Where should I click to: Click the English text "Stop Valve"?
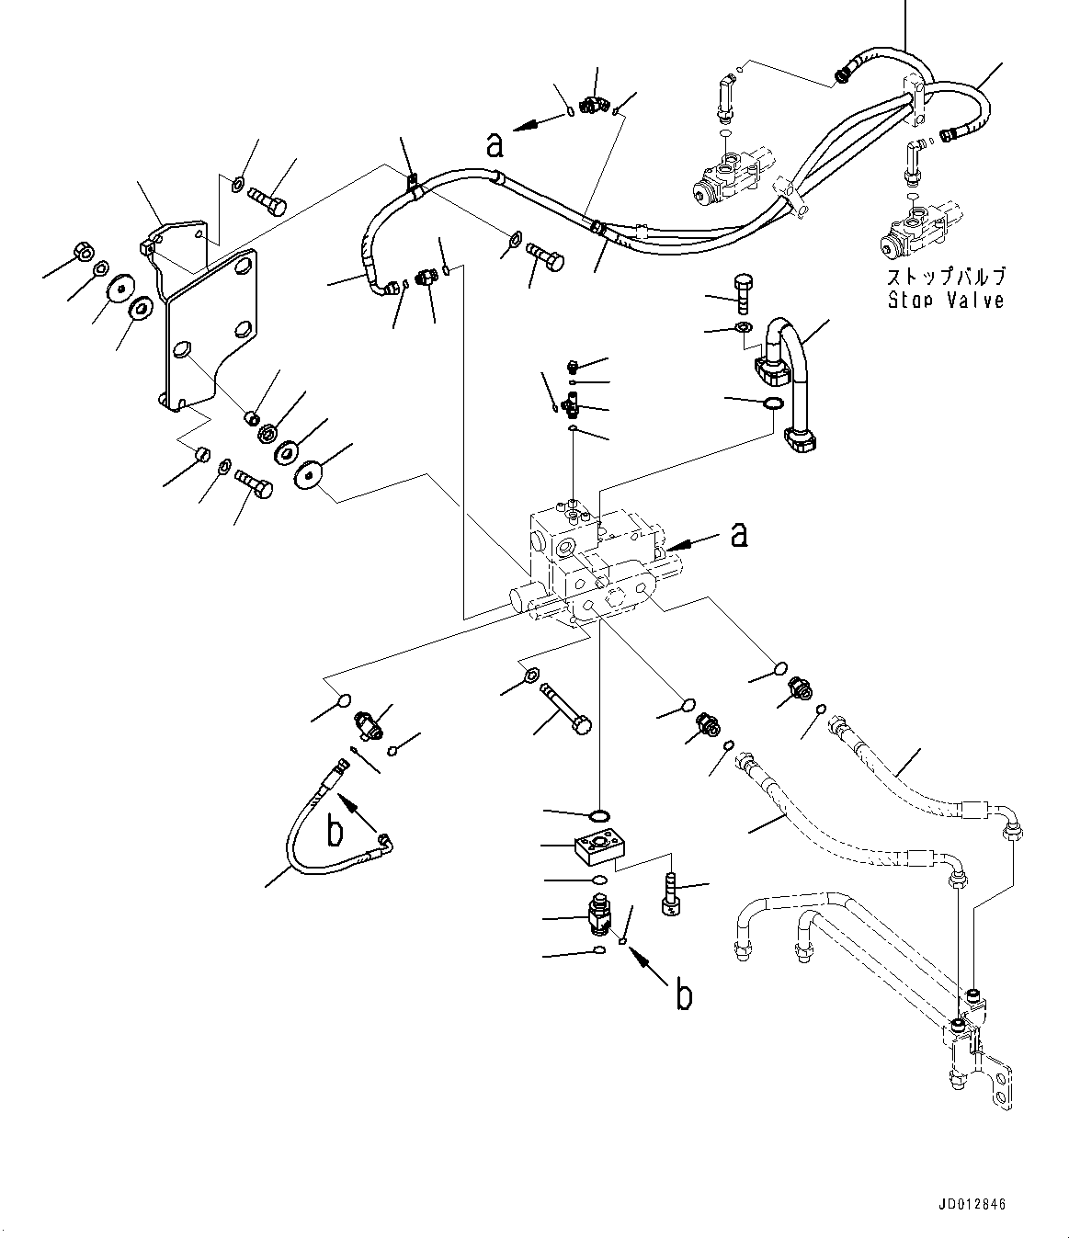click(x=945, y=300)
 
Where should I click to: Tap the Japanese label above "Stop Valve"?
click(x=945, y=277)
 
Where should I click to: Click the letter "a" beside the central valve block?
click(x=738, y=534)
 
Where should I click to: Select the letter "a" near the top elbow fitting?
click(x=495, y=144)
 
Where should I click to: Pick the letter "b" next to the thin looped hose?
click(x=335, y=832)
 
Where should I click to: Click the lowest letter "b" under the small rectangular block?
click(x=682, y=995)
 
